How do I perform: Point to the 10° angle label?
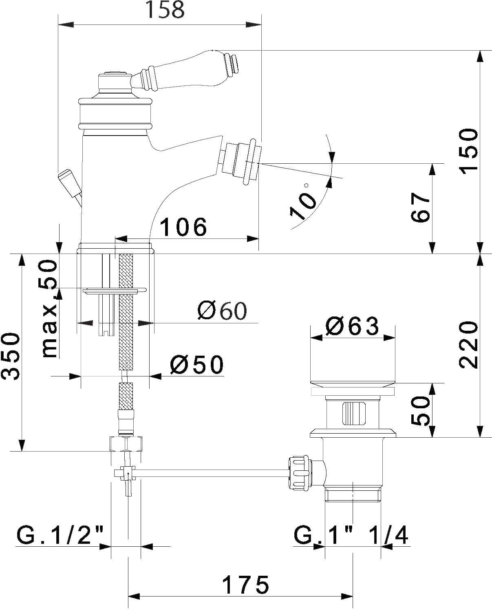tap(302, 202)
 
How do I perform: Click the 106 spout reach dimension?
tap(183, 227)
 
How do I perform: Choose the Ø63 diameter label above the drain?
tap(352, 326)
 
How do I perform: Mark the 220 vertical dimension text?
tap(468, 345)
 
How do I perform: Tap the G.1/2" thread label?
tap(60, 534)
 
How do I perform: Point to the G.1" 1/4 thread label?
tap(351, 534)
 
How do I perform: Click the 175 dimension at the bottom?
tap(245, 585)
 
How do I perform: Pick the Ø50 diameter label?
tap(197, 365)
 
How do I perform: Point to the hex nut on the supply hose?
tap(126, 444)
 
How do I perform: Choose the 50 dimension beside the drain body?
tap(420, 411)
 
